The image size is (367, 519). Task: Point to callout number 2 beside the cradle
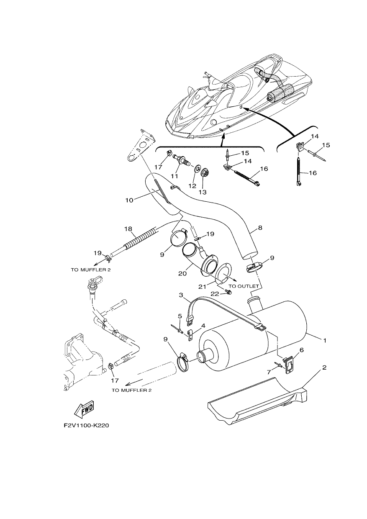[324, 367]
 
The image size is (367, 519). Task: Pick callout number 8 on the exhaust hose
[260, 228]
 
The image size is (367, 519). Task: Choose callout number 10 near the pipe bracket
[129, 200]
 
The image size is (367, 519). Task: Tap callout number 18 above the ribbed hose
[128, 229]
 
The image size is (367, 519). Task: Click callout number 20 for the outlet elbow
[182, 273]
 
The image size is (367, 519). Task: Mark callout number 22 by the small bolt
[215, 294]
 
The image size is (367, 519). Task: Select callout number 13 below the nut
[203, 192]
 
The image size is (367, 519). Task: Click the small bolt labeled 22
[229, 293]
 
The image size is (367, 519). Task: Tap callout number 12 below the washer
[192, 185]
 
